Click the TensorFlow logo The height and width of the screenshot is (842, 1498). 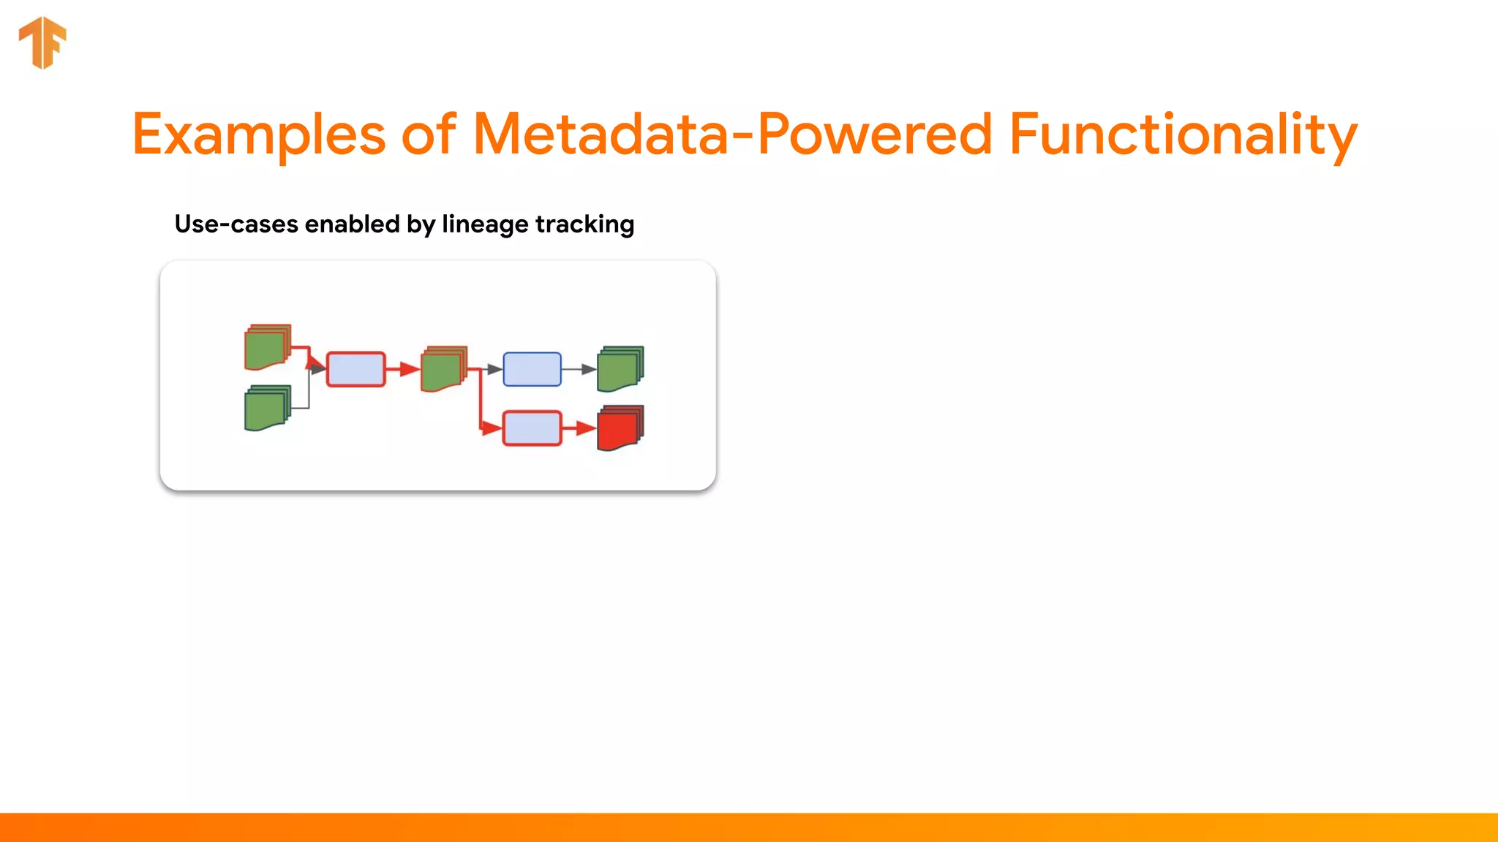(42, 42)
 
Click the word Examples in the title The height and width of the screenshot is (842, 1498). (258, 134)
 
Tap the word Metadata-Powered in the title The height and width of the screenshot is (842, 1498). (732, 134)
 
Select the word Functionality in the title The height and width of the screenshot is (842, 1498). (1183, 134)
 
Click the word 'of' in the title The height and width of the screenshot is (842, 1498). (429, 134)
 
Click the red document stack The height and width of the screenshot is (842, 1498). (620, 428)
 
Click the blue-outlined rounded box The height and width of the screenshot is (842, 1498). (532, 369)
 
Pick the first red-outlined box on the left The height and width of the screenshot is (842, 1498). (355, 369)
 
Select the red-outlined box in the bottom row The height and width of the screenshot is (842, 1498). (532, 428)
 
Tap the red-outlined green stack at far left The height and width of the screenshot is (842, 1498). (266, 347)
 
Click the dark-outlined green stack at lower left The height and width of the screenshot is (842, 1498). (266, 408)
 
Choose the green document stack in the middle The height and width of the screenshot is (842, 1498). (443, 369)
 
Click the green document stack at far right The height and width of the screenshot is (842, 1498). (620, 369)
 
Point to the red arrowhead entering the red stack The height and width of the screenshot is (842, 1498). (586, 428)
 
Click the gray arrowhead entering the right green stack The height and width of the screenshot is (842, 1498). (589, 369)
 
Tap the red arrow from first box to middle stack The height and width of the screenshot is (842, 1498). (403, 369)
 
